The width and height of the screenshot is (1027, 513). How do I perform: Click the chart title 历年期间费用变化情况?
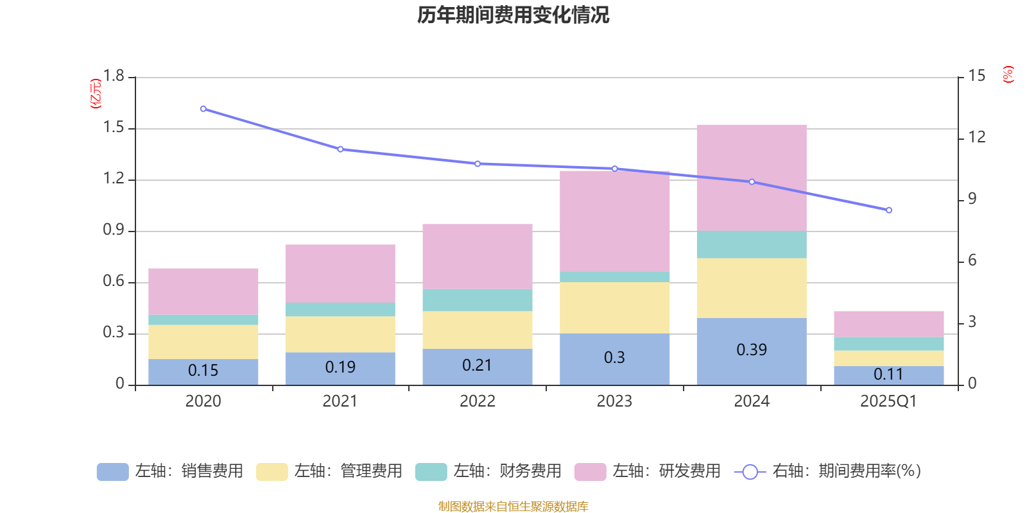(x=513, y=15)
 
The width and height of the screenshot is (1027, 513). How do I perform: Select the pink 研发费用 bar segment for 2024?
(x=751, y=178)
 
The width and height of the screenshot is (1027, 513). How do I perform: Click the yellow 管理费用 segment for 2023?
(x=614, y=307)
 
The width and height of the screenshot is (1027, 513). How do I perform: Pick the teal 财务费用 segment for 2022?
(x=477, y=300)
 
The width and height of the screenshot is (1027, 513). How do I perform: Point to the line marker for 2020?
(x=203, y=109)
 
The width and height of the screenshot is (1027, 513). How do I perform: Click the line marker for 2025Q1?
(x=888, y=210)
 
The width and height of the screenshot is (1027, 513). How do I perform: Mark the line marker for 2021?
(x=340, y=149)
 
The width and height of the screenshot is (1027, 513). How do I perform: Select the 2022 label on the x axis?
(x=477, y=401)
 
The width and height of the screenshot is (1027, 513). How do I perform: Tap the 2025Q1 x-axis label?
(x=888, y=401)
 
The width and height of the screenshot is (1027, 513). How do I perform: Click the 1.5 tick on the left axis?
(x=114, y=128)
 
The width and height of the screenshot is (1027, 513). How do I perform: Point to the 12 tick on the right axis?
(x=977, y=137)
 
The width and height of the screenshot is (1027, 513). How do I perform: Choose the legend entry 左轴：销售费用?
(x=170, y=471)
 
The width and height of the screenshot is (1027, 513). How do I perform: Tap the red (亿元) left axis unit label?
(x=96, y=94)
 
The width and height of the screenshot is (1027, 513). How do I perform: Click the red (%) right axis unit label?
(x=1008, y=74)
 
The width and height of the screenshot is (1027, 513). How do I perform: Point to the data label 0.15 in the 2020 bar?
(x=203, y=371)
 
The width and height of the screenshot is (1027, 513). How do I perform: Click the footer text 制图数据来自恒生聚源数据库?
(x=513, y=507)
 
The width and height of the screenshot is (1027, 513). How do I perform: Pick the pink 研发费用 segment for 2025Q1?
(x=888, y=324)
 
